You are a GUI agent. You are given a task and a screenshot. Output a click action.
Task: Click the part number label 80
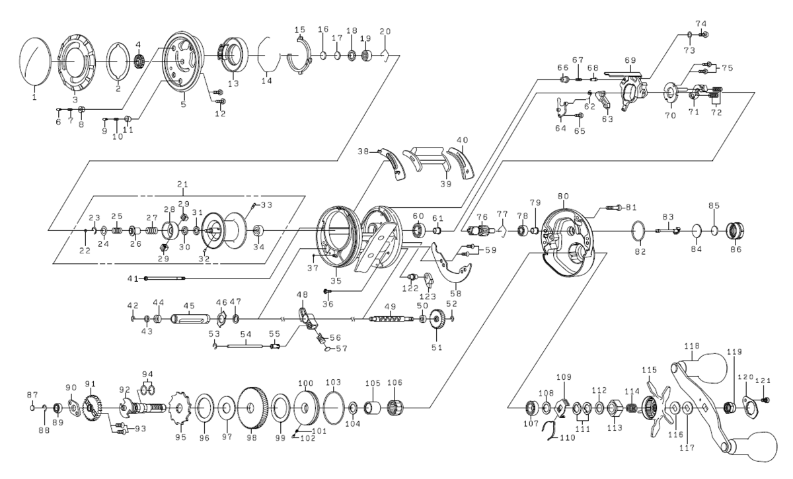(563, 196)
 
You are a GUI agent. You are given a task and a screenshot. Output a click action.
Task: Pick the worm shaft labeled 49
(388, 319)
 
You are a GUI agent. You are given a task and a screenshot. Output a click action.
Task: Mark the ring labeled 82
(638, 233)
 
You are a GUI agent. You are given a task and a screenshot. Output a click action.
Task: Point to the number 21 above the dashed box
(182, 183)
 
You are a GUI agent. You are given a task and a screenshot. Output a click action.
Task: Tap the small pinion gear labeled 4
(139, 62)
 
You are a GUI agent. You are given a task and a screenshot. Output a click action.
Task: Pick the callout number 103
(333, 382)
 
